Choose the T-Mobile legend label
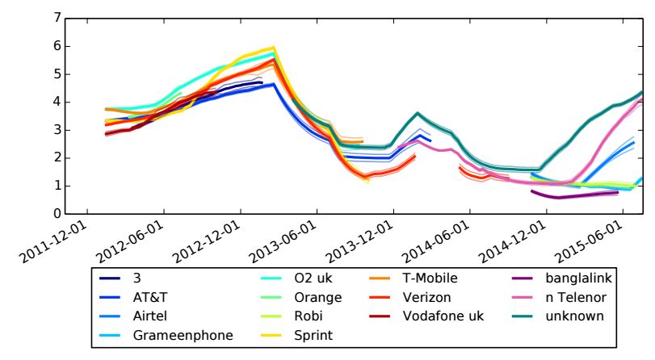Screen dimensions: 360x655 tap(430, 278)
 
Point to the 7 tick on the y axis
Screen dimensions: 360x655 tap(55, 18)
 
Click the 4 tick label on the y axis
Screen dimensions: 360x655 tap(55, 102)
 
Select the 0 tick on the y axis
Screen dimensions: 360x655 tap(55, 214)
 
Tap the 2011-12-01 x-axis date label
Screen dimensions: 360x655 tap(57, 242)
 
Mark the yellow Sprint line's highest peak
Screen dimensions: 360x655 tap(274, 48)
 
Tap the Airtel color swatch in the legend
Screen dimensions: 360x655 tap(111, 316)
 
